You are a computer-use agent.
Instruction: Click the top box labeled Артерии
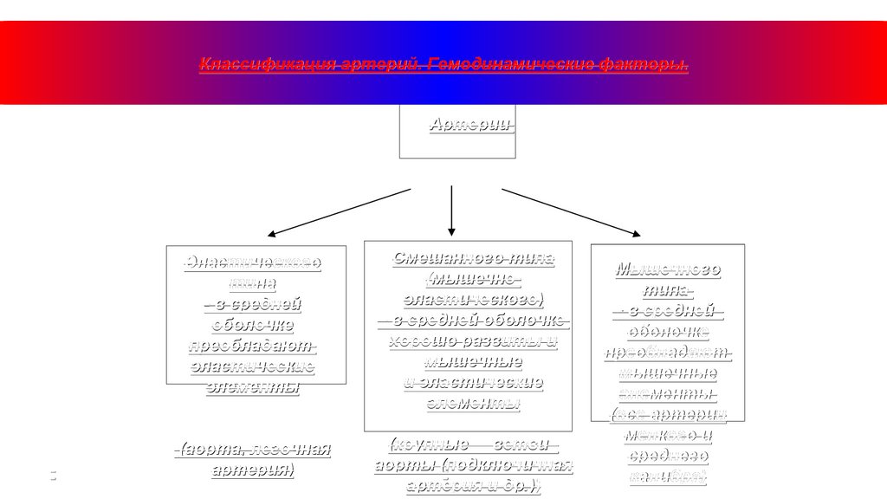pos(457,132)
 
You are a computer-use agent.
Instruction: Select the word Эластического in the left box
pos(255,262)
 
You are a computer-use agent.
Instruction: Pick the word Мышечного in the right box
pos(668,269)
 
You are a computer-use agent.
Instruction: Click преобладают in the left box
pos(253,346)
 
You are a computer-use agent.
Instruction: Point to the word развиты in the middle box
pos(511,340)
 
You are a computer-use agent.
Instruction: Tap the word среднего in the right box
pos(668,456)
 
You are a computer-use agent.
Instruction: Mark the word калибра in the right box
pos(668,476)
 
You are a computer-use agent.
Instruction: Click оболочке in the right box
pos(669,333)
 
